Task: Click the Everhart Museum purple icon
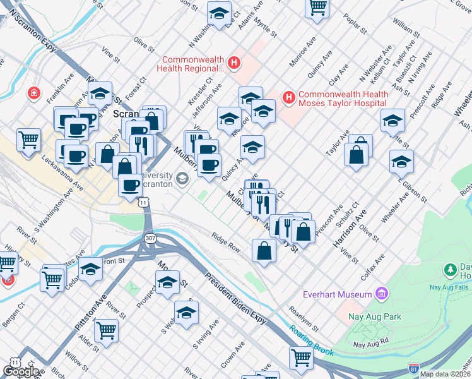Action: (381, 294)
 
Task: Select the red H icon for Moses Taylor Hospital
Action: (290, 97)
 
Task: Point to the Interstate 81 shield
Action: (414, 368)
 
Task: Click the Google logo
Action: (21, 371)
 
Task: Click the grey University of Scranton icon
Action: (183, 179)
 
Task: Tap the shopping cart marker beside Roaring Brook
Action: (302, 357)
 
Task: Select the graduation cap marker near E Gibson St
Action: (401, 162)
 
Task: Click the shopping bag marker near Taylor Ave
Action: (357, 155)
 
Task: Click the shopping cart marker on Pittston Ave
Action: (106, 329)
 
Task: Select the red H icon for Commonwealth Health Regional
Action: (234, 63)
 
